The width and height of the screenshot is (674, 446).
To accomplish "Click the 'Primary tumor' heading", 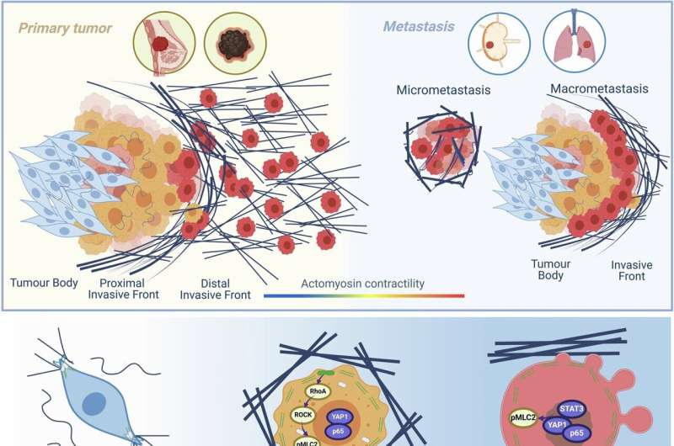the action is (65, 29).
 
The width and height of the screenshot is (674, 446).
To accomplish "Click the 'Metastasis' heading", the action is (419, 27).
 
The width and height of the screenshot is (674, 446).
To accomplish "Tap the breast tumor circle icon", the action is (164, 43).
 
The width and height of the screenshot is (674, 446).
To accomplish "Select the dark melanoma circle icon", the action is (235, 44).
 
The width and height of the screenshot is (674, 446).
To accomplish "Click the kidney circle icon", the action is (499, 44).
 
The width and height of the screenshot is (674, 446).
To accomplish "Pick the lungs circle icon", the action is (575, 42).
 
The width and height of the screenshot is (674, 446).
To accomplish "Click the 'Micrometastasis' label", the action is (443, 90).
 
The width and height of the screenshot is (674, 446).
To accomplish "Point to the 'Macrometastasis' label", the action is (599, 89).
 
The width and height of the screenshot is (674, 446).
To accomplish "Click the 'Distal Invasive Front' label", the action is (215, 289).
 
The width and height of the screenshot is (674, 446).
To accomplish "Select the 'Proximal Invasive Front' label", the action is (123, 289).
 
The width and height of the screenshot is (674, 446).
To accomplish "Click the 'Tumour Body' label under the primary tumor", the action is (44, 283).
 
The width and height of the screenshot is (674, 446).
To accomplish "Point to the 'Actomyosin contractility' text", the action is (362, 284).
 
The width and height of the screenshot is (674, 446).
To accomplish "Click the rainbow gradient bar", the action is (364, 295).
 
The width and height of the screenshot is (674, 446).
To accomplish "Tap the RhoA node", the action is (318, 391).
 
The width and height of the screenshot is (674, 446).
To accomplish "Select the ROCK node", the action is (303, 415).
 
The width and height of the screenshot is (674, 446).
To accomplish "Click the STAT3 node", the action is (571, 409).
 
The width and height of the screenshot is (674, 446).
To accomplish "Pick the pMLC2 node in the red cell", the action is (523, 417).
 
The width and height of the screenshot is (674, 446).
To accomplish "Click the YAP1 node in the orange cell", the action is (340, 417).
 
